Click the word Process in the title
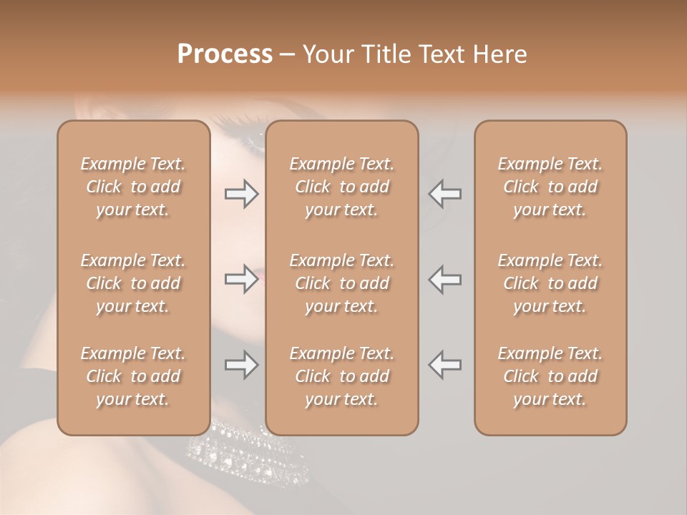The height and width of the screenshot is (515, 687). click(x=225, y=54)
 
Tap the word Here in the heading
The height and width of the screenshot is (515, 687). click(x=499, y=54)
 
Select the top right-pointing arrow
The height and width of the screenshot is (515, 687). click(x=241, y=193)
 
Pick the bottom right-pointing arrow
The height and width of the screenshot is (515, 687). click(x=241, y=365)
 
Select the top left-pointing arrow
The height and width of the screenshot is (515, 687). click(x=445, y=193)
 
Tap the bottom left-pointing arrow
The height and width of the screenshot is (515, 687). click(x=445, y=365)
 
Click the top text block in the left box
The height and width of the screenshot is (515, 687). click(x=133, y=187)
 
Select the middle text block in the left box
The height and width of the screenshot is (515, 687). click(x=133, y=283)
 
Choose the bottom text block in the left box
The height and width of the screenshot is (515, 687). click(x=133, y=376)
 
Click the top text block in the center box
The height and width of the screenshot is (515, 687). click(x=342, y=187)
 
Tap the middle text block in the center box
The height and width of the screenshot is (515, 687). click(x=342, y=283)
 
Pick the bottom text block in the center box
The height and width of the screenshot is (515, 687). click(x=342, y=376)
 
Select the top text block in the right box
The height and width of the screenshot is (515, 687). click(x=550, y=187)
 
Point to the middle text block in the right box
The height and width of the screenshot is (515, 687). click(x=550, y=283)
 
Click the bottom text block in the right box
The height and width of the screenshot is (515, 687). click(x=550, y=376)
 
